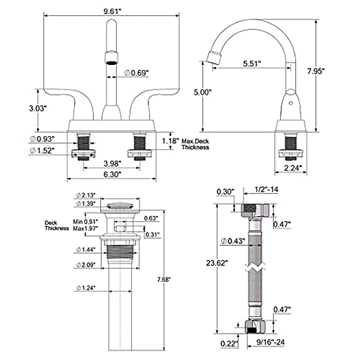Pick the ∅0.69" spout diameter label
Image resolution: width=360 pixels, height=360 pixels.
click(x=136, y=73)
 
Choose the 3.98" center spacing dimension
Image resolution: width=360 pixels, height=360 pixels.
click(x=112, y=164)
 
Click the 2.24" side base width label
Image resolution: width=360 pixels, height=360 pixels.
click(x=292, y=168)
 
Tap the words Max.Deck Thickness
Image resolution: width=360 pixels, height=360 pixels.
click(x=195, y=144)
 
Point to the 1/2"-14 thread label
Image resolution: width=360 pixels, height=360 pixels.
click(x=266, y=189)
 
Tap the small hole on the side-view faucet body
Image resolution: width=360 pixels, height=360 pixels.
click(x=290, y=103)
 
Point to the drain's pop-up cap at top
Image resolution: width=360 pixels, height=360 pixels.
click(x=120, y=206)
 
